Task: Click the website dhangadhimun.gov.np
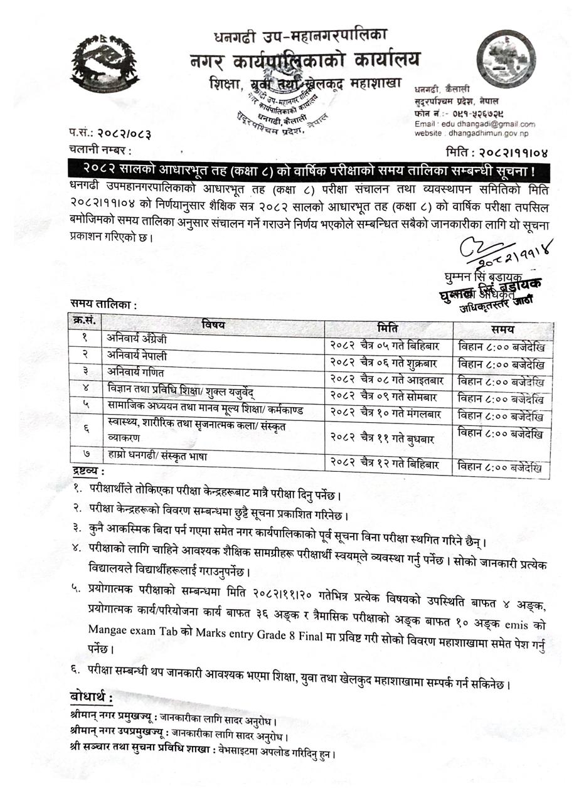point(488,134)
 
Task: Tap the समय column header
point(502,329)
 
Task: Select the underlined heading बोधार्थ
point(92,698)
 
